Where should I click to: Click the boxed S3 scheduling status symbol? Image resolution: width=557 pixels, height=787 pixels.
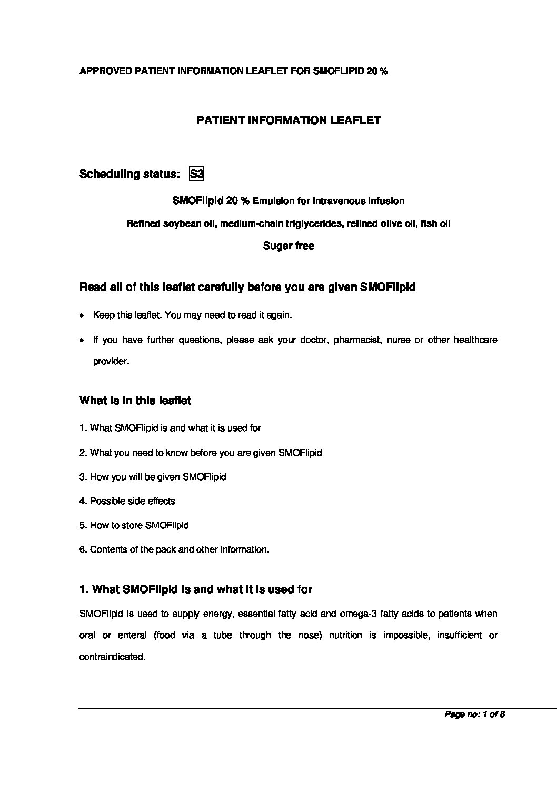[196, 174]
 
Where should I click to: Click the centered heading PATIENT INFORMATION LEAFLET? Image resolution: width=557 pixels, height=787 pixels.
[288, 120]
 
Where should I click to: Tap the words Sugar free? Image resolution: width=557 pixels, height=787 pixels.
[289, 246]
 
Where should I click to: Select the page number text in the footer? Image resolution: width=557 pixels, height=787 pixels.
[475, 714]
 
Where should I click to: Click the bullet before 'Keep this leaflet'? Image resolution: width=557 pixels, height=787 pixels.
[82, 316]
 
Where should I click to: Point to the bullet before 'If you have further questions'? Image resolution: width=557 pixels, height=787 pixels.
[82, 341]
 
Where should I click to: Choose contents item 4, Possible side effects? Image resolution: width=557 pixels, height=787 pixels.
[127, 502]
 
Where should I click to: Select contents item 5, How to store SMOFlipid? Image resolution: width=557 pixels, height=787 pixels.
[134, 526]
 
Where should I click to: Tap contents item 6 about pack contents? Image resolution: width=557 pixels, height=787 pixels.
[174, 550]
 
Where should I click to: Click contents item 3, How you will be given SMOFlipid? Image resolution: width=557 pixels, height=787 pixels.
[153, 477]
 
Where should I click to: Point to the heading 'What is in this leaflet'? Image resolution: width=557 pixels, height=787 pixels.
[135, 401]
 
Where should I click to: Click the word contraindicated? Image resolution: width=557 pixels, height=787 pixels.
[112, 657]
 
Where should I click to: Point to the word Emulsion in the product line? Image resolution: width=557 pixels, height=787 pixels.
[281, 201]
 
